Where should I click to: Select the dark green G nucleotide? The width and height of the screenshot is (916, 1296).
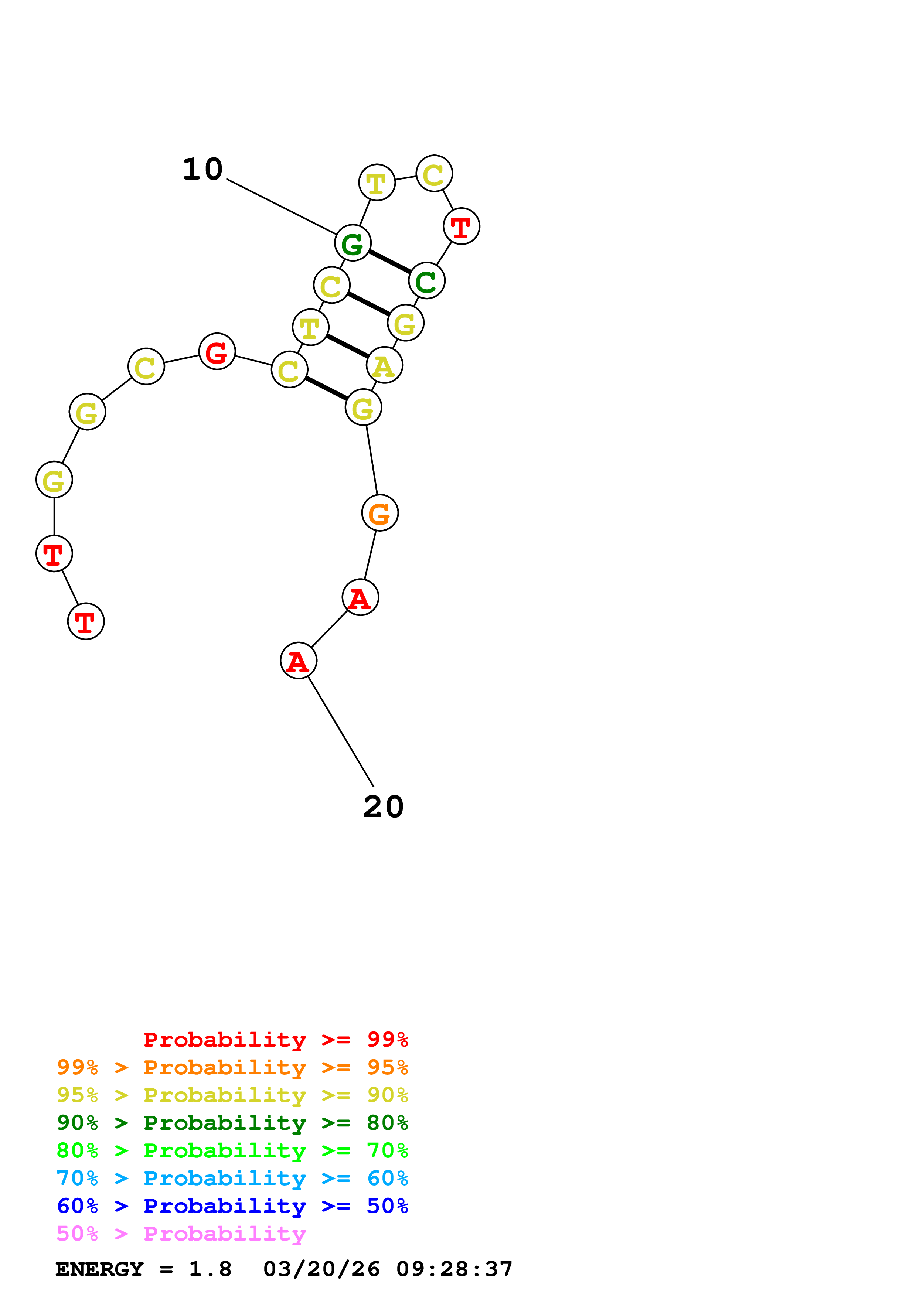[353, 243]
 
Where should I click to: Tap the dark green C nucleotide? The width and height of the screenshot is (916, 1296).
[427, 280]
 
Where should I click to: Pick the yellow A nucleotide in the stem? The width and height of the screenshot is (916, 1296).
[384, 365]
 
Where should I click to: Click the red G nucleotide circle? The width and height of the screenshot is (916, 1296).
[217, 351]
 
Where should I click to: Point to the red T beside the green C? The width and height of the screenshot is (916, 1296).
[461, 226]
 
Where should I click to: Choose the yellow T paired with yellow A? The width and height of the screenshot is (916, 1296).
[310, 327]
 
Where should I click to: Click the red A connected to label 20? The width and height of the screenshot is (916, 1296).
[299, 661]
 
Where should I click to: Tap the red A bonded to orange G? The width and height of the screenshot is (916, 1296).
[360, 597]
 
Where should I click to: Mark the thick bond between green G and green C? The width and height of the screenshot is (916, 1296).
[389, 262]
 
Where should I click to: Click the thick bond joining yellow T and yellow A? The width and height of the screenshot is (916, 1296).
[347, 346]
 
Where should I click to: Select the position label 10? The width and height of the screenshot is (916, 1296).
[202, 169]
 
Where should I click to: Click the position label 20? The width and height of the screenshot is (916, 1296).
[383, 806]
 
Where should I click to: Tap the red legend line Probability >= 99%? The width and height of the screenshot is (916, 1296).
[275, 1040]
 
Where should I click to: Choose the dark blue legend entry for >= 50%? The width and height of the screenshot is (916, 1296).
[232, 1206]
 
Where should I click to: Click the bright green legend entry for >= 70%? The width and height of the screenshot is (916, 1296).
[232, 1150]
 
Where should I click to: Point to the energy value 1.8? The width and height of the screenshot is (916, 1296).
[210, 1269]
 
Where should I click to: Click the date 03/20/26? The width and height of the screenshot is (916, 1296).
[321, 1269]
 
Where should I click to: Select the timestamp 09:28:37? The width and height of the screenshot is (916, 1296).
[454, 1269]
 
